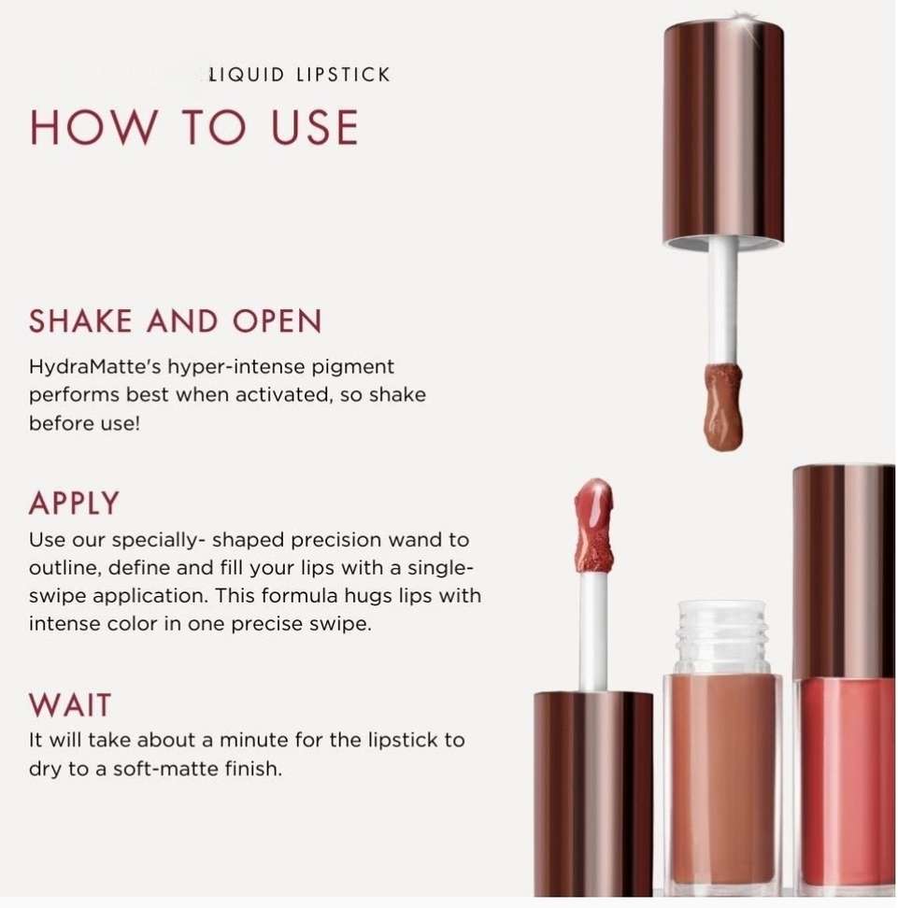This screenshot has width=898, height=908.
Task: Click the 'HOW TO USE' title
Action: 194,127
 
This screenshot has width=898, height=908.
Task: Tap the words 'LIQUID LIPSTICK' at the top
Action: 299,75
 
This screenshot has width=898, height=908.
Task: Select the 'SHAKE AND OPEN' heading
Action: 175,321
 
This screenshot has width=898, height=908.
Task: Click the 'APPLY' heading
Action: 74,503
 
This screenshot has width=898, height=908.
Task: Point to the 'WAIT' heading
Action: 69,704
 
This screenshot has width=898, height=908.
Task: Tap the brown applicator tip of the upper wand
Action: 723,406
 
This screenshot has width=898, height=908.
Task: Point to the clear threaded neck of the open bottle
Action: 722,637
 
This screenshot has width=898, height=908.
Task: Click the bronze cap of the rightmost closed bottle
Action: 844,571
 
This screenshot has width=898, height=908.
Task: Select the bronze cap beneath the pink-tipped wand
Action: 592,793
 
